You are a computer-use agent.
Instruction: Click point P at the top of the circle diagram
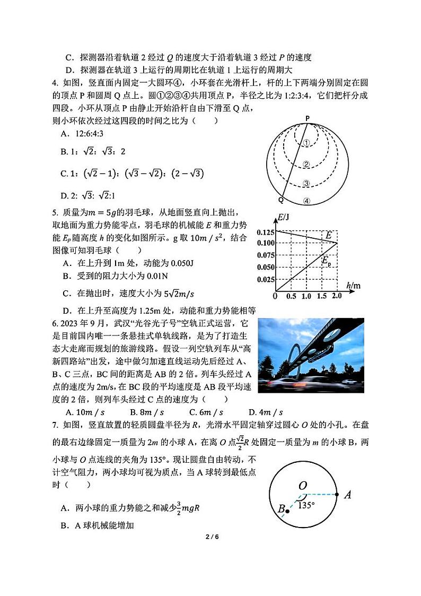tap(307, 119)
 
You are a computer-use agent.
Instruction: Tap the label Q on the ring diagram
tap(280, 200)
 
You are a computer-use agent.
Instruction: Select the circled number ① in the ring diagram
tap(306, 143)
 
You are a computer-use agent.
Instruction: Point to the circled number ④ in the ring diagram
tap(306, 201)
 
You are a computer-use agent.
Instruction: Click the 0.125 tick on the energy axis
tap(266, 232)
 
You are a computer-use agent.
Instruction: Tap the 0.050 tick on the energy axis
tap(266, 267)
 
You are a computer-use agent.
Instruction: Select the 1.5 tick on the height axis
tap(321, 296)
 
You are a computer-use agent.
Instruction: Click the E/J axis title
tap(284, 216)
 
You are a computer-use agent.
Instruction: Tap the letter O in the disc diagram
tap(303, 485)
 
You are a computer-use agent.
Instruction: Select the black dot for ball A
tap(337, 494)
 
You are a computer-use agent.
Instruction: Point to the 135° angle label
tap(305, 505)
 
